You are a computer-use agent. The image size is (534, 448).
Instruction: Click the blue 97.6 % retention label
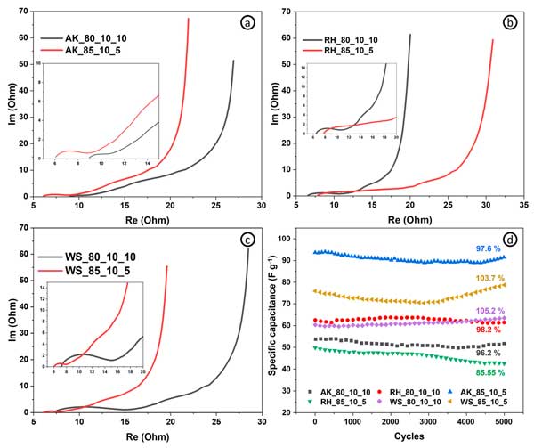coord(486,248)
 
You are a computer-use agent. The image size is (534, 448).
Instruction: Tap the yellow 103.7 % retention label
coord(488,278)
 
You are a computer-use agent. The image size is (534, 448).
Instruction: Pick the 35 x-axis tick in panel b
coord(523,207)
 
